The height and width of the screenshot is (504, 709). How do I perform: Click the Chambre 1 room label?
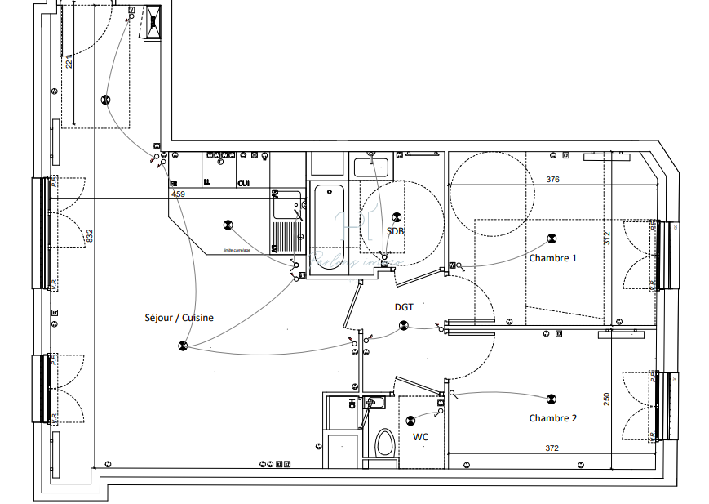tap(552, 258)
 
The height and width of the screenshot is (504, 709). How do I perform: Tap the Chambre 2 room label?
tap(552, 418)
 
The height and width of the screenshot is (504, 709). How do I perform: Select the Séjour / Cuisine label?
tap(179, 318)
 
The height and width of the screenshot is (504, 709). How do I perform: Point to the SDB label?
tap(396, 231)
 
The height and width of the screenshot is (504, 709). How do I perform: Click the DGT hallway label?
tap(404, 307)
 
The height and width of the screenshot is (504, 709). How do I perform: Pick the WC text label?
tap(420, 437)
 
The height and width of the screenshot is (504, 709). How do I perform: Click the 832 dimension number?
tap(90, 236)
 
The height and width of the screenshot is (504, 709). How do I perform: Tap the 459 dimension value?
tap(178, 194)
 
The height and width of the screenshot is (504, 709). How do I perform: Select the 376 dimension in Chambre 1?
tap(552, 180)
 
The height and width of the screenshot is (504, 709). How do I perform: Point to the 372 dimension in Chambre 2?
tap(552, 448)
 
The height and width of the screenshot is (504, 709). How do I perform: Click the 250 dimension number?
tap(606, 399)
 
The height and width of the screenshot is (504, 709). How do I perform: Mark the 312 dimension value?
tap(606, 238)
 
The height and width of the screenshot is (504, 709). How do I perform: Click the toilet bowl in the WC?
tap(384, 444)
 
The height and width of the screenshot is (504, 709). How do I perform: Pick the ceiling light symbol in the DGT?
tap(403, 326)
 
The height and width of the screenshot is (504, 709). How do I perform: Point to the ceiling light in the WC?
tap(410, 421)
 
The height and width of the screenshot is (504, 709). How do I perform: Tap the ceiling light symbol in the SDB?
tap(397, 217)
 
